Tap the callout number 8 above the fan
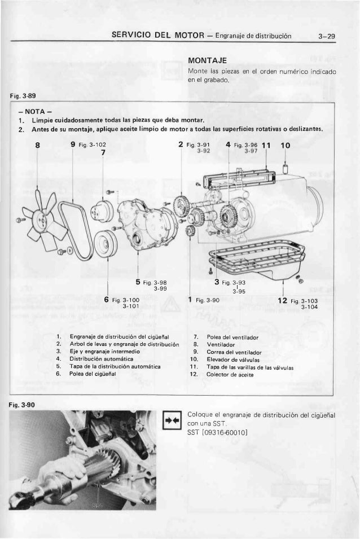coord(37,145)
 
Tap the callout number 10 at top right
coord(285,145)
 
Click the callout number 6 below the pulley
coord(106,300)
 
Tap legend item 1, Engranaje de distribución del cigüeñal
coord(113,336)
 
